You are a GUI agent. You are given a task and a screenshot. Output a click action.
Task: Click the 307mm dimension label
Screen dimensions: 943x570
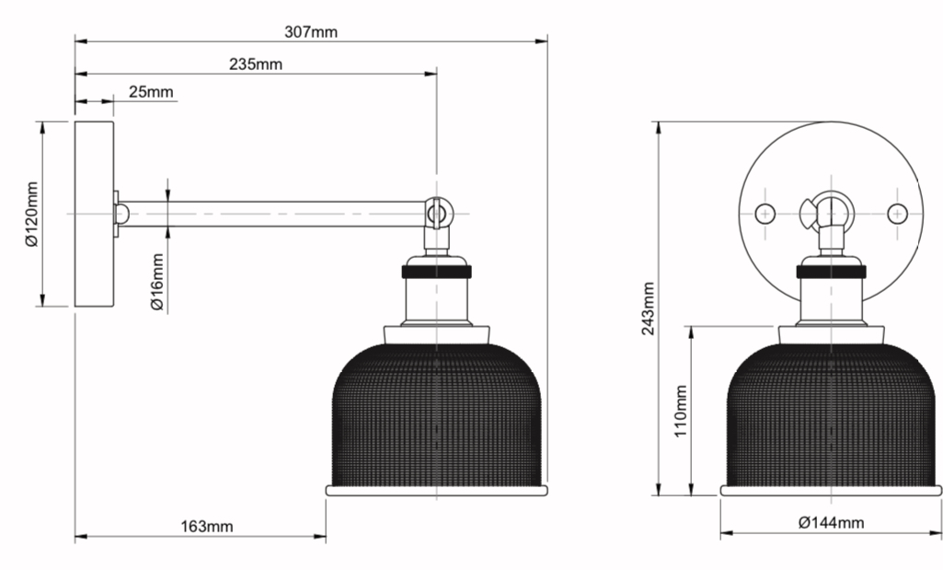point(311,31)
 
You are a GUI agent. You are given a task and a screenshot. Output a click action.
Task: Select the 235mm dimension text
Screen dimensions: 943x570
point(256,64)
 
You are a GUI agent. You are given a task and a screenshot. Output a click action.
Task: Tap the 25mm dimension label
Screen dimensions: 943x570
point(151,91)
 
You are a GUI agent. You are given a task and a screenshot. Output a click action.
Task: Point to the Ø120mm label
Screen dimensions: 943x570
point(32,214)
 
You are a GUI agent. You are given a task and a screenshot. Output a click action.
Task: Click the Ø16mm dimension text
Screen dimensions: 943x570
point(157,282)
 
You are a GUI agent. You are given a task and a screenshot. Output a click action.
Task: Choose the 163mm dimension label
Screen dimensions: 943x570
point(207,527)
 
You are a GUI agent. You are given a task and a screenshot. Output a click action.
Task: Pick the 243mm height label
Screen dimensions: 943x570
point(648,308)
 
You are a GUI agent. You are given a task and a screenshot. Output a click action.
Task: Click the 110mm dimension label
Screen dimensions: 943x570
point(680,411)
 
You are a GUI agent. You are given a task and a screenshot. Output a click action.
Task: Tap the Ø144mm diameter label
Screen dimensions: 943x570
point(831,522)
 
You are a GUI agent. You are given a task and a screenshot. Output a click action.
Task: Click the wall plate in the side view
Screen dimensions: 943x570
point(95,214)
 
